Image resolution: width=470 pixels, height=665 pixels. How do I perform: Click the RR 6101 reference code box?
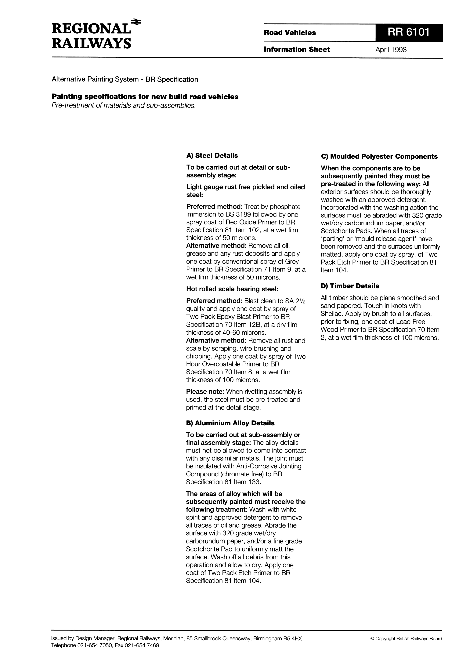click(x=409, y=32)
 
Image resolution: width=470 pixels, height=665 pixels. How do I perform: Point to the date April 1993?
click(x=391, y=50)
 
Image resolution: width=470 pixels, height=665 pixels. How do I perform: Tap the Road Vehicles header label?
click(x=290, y=33)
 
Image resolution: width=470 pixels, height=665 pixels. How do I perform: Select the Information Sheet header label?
click(x=297, y=49)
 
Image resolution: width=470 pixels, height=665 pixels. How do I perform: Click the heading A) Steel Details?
click(x=212, y=155)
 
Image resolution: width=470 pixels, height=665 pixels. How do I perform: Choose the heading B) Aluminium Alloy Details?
click(x=230, y=423)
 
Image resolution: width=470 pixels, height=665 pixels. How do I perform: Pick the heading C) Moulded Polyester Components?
click(x=379, y=157)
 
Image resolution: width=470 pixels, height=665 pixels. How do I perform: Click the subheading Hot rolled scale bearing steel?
click(x=232, y=289)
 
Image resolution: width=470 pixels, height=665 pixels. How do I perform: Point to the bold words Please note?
click(x=205, y=392)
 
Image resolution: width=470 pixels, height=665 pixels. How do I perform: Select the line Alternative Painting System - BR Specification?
click(x=125, y=79)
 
